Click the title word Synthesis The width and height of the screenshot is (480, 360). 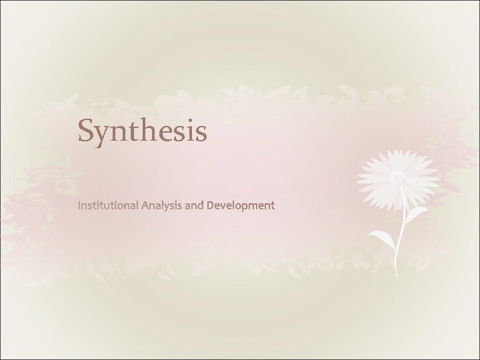tap(143, 130)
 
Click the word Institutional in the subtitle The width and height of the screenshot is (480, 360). tap(109, 206)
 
